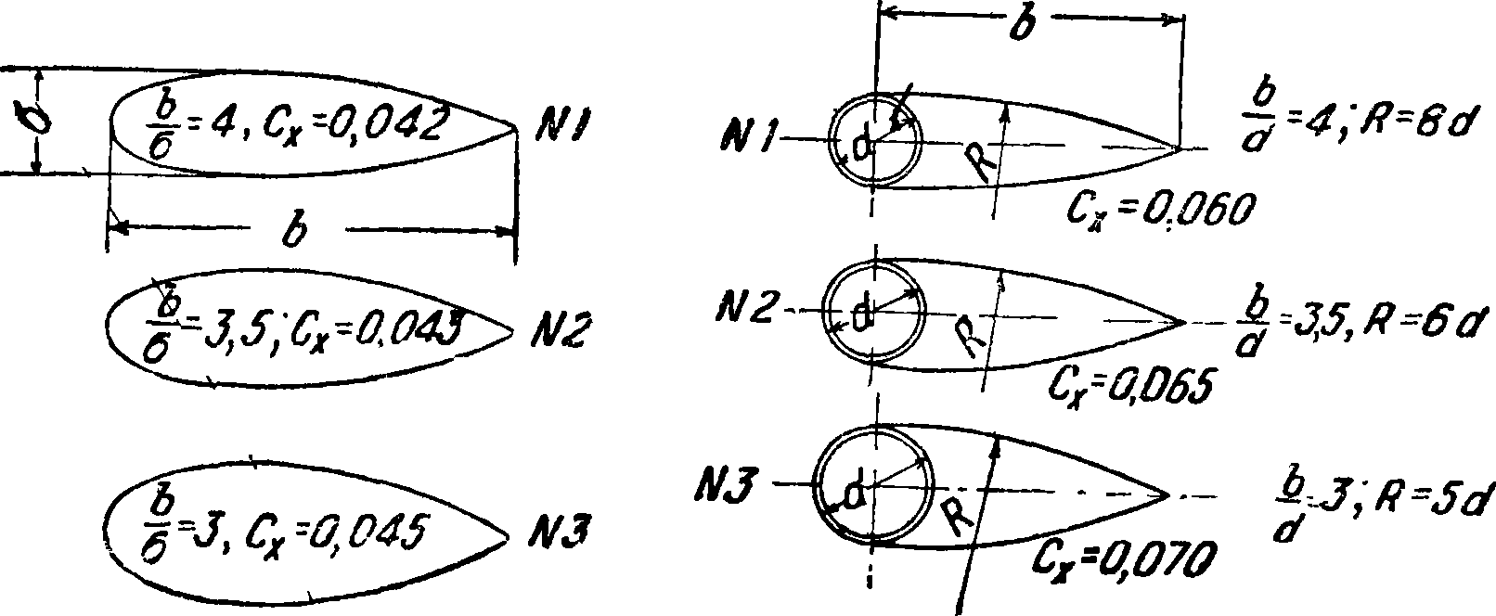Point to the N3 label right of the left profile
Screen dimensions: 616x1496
[554, 535]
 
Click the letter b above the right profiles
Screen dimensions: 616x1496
[1021, 25]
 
